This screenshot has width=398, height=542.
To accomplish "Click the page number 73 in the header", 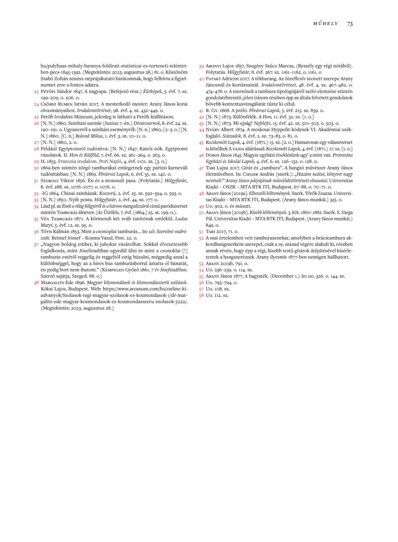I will [350, 23].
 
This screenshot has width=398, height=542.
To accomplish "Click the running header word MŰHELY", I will [325, 24].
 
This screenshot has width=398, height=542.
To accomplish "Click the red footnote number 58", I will [201, 295].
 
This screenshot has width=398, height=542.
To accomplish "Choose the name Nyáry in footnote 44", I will [214, 129].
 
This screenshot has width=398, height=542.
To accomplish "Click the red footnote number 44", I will [201, 129].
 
